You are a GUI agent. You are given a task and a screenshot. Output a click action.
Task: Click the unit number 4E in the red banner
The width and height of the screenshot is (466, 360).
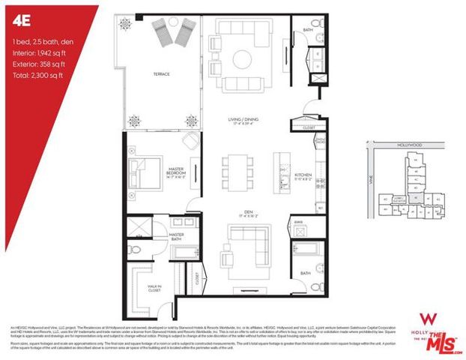point(19,20)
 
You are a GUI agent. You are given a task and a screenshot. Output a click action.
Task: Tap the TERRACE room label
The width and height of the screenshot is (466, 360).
point(161,74)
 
